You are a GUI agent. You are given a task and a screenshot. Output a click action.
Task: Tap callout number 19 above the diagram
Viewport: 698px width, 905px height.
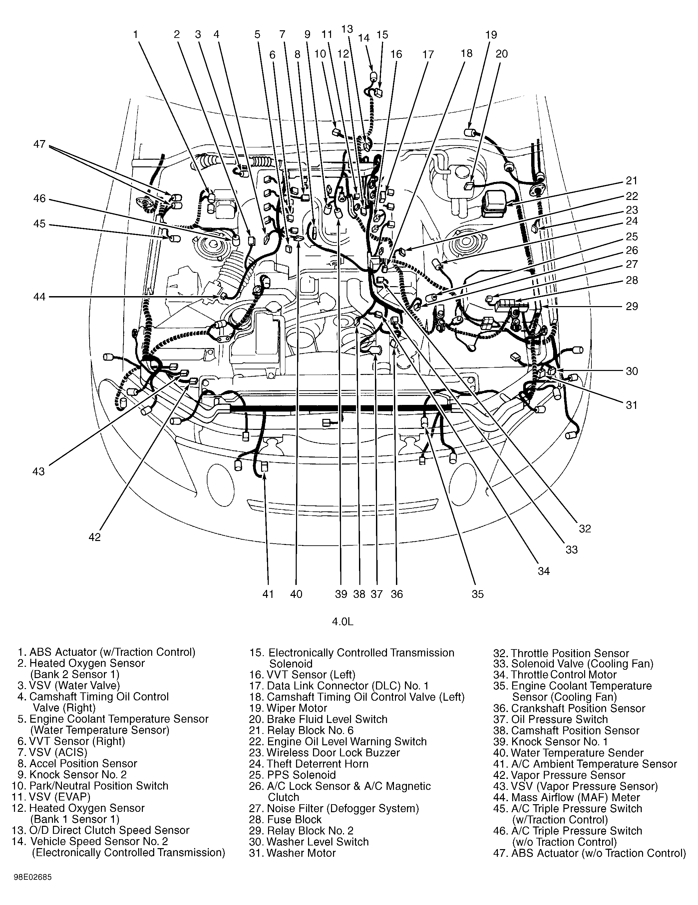coord(491,35)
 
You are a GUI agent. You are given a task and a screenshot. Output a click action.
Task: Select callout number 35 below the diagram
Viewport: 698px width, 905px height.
coord(477,594)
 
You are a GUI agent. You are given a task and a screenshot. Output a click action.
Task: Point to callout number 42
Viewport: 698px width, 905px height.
coord(95,537)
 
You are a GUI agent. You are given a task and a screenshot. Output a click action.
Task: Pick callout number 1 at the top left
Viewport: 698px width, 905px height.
coord(135,34)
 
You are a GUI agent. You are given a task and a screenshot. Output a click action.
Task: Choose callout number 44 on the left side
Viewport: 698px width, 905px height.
coord(39,297)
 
